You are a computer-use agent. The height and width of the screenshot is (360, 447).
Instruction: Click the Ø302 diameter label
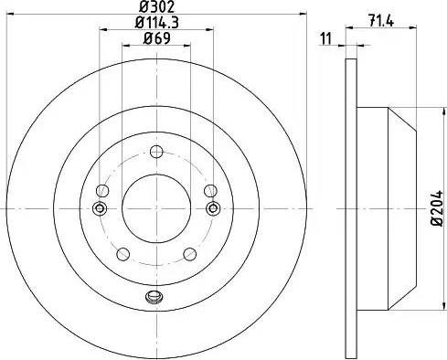pyautogui.click(x=157, y=6)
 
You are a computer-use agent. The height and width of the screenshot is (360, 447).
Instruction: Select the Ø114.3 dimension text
pyautogui.click(x=156, y=23)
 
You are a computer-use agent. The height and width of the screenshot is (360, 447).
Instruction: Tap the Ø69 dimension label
pyautogui.click(x=156, y=38)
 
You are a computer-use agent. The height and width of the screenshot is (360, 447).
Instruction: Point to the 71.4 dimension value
pyautogui.click(x=381, y=21)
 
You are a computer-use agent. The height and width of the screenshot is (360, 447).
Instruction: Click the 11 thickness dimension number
pyautogui.click(x=325, y=38)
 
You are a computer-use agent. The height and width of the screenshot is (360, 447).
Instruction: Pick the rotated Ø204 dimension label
pyautogui.click(x=437, y=208)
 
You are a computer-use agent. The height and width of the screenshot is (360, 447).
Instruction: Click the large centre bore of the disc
pyautogui.click(x=156, y=208)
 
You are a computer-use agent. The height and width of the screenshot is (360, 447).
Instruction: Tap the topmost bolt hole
pyautogui.click(x=156, y=152)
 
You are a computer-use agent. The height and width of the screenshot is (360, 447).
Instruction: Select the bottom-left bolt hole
pyautogui.click(x=123, y=254)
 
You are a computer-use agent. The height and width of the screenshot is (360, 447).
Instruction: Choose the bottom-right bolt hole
pyautogui.click(x=189, y=254)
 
